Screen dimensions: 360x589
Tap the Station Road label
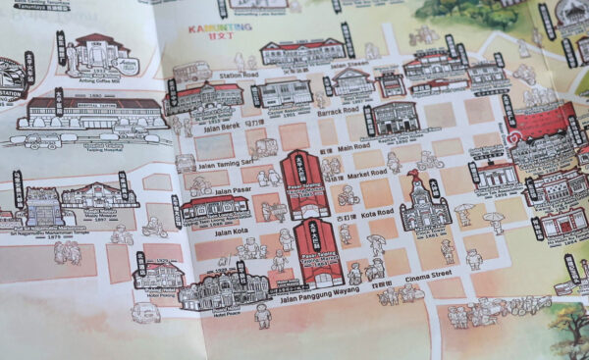(x=239, y=75)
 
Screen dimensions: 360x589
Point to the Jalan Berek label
(x=214, y=126)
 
